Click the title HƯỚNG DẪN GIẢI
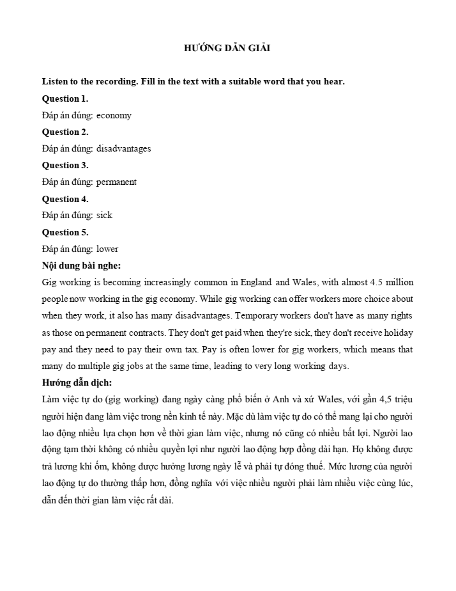tap(227, 48)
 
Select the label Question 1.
tap(65, 98)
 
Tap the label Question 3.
tap(65, 165)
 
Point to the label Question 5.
tap(65, 232)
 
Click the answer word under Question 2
tap(124, 148)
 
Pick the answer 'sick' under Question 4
tap(104, 216)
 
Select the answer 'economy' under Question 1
tap(114, 115)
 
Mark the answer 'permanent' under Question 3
tap(116, 182)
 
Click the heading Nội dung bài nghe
tap(81, 265)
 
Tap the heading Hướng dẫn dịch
tap(77, 382)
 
